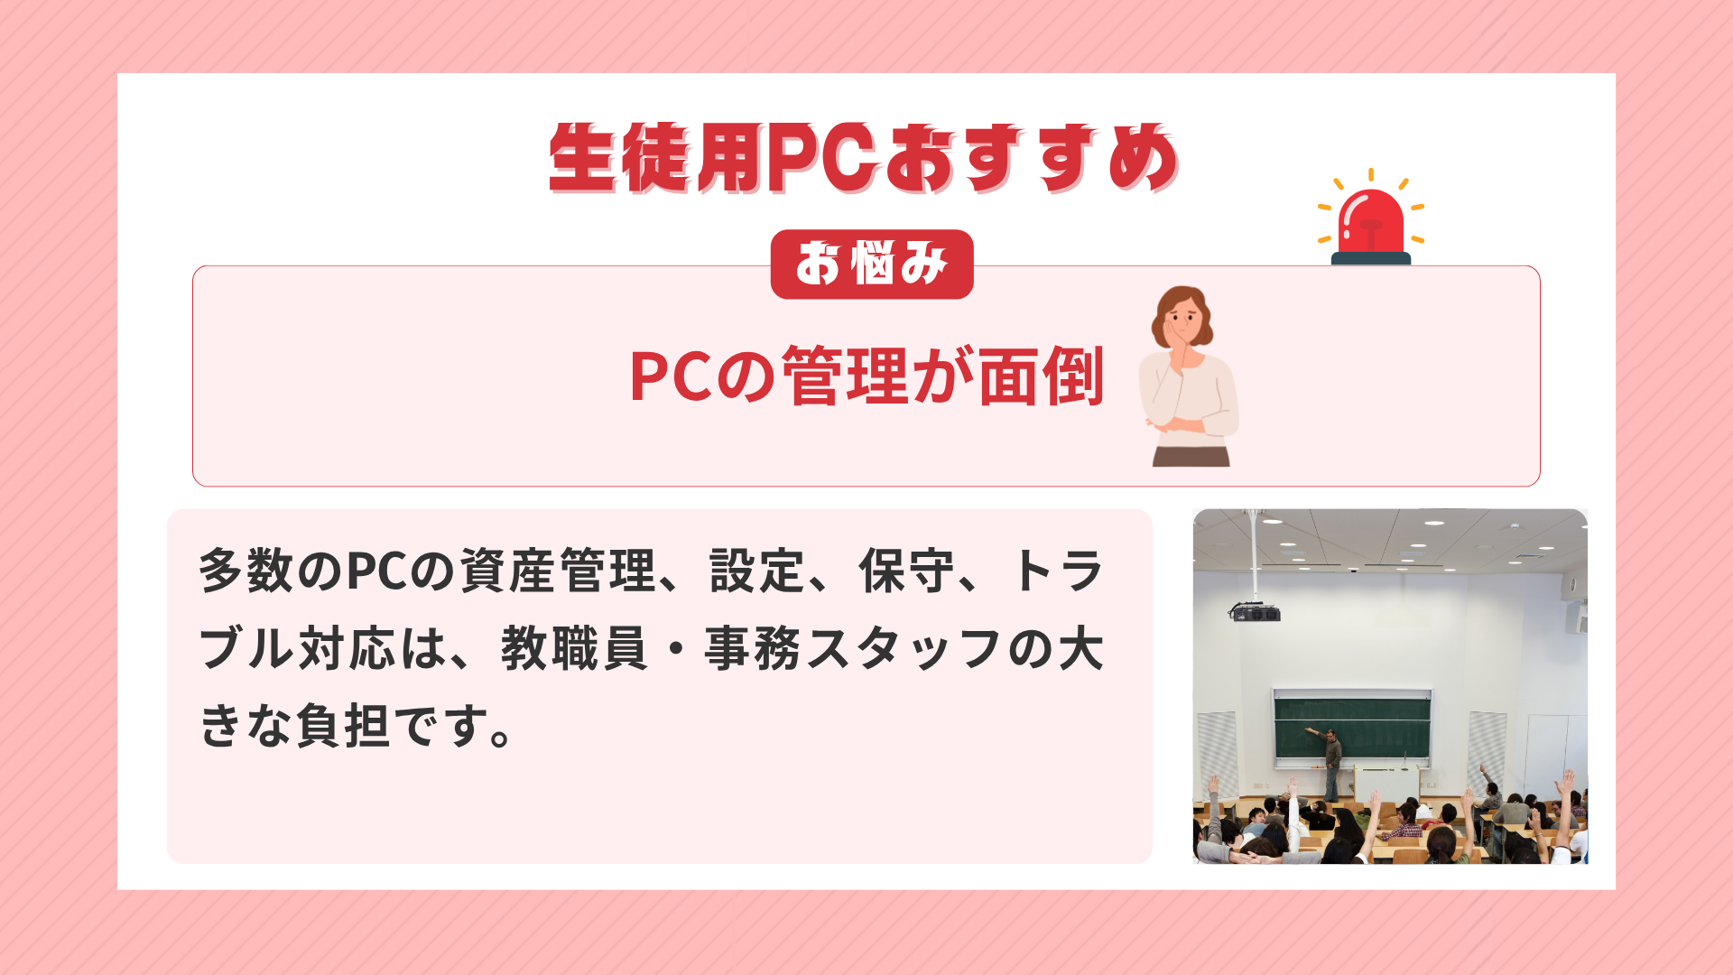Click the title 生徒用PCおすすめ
[x=864, y=159]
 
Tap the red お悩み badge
[x=872, y=265]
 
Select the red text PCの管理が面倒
[x=866, y=376]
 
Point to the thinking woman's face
[x=1184, y=318]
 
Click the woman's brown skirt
[x=1191, y=456]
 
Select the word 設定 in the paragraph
[x=756, y=571]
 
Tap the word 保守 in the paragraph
[x=906, y=571]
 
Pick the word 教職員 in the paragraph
[x=575, y=648]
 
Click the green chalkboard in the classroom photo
[x=1352, y=725]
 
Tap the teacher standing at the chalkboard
[x=1330, y=764]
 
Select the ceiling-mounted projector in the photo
[x=1256, y=612]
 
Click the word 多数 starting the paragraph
[x=246, y=571]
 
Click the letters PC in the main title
[x=822, y=159]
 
